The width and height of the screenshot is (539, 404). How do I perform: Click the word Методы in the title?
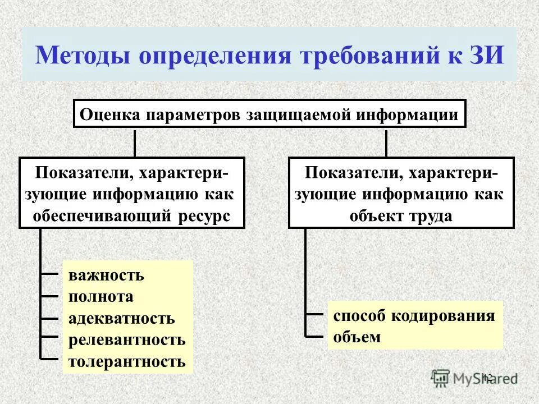tap(82, 56)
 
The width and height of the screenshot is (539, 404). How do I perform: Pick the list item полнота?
tap(101, 297)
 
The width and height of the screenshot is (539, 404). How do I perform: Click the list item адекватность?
tap(122, 319)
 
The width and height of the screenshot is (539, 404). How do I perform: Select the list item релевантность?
tap(127, 339)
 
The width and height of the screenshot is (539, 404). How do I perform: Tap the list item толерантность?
tap(127, 361)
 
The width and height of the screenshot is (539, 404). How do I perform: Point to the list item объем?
tap(357, 337)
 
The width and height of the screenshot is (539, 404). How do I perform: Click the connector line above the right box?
tap(386, 143)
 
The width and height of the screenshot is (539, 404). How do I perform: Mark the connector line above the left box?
tap(135, 143)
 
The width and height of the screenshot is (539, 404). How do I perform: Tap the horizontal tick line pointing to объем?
tap(316, 336)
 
